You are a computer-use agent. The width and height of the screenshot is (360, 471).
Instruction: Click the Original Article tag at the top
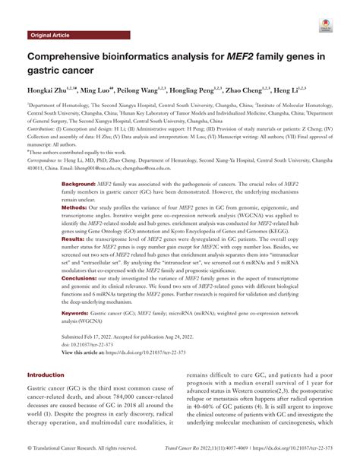[51, 36]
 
